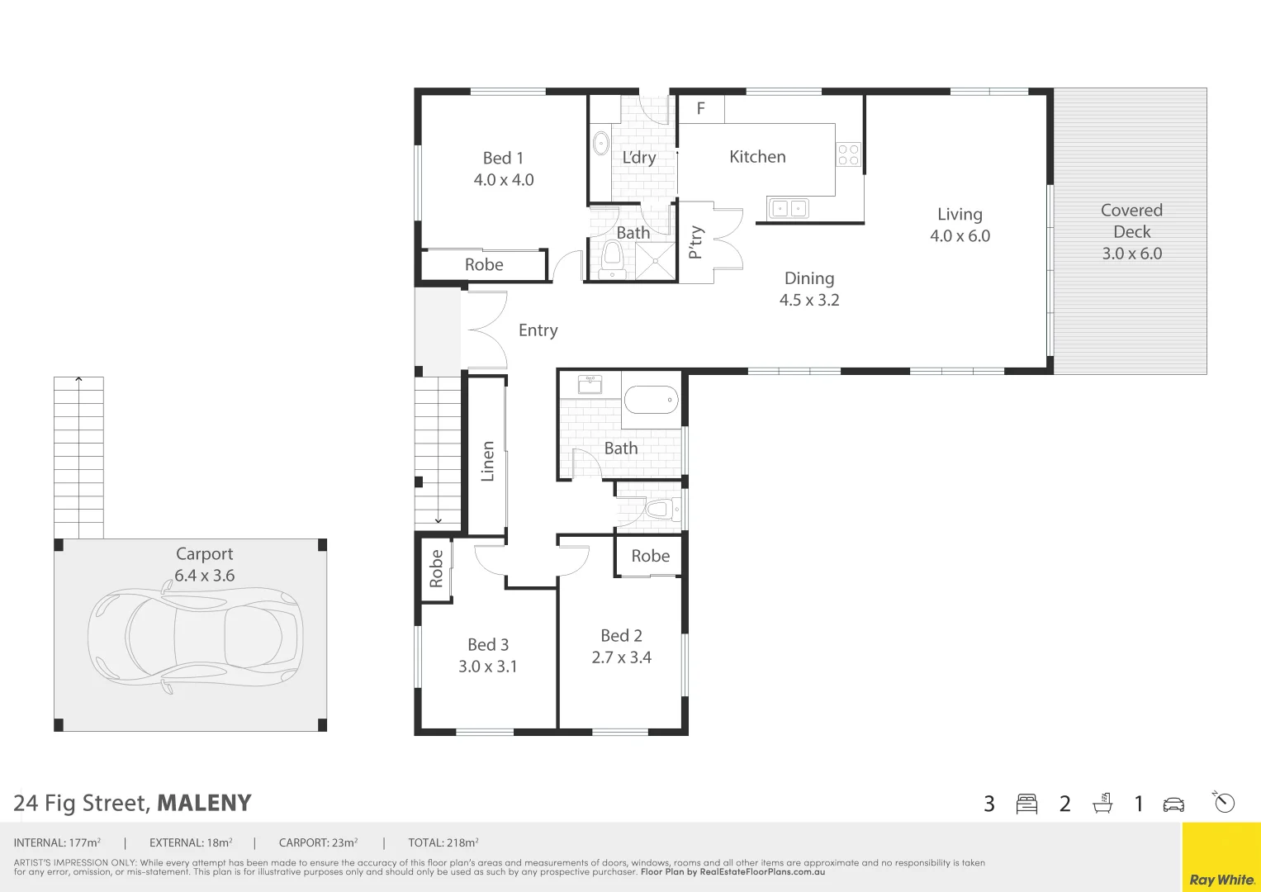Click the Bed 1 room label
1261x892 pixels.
click(503, 158)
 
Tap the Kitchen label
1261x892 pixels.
click(757, 157)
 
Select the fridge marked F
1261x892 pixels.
click(701, 108)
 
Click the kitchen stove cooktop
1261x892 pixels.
click(848, 154)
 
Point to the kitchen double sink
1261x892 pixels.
click(789, 209)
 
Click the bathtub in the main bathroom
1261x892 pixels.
click(651, 401)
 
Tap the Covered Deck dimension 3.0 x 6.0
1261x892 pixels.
click(1131, 254)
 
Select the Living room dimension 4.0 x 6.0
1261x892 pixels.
click(960, 236)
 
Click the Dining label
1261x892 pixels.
click(809, 278)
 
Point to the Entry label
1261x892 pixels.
click(538, 330)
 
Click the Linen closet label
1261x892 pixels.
click(487, 461)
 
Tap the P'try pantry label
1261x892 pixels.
click(696, 242)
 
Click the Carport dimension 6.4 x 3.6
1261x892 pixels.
click(204, 576)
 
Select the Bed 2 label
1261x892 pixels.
click(621, 635)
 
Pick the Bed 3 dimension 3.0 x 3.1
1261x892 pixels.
click(487, 667)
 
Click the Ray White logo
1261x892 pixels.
click(1221, 880)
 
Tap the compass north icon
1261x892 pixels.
click(1224, 802)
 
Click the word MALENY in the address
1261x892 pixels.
click(204, 803)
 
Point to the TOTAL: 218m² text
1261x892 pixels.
click(443, 843)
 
